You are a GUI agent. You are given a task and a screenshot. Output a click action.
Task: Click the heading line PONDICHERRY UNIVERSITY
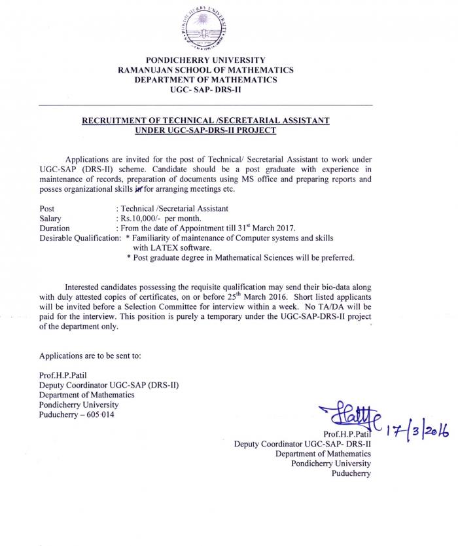(x=205, y=60)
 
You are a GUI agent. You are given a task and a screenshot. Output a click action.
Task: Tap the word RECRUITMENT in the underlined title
(x=112, y=121)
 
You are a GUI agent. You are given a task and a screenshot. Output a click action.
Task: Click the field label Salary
(x=50, y=218)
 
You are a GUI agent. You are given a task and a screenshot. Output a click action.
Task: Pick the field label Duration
(x=54, y=228)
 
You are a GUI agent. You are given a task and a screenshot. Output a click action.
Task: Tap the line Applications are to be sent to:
(x=90, y=355)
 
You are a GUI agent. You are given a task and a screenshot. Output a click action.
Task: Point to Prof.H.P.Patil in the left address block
(x=64, y=375)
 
